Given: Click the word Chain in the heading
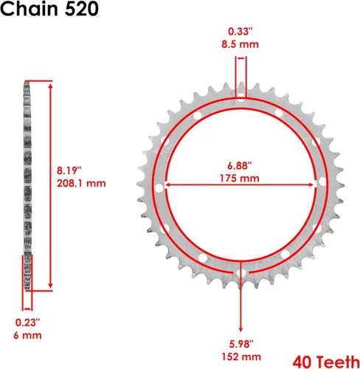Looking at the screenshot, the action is coord(29,9).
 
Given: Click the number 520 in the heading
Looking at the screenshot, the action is coord(81,9).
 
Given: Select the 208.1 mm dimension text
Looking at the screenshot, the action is coord(81,184).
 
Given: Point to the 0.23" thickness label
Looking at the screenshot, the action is coord(27,323).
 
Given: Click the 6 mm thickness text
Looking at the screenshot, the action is coord(27,336).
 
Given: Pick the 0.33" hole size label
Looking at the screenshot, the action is coord(240,32).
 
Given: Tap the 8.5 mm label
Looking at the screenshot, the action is coord(240,44).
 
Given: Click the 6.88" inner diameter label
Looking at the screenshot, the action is coord(240,165).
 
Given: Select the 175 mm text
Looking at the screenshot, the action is coord(240,179).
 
